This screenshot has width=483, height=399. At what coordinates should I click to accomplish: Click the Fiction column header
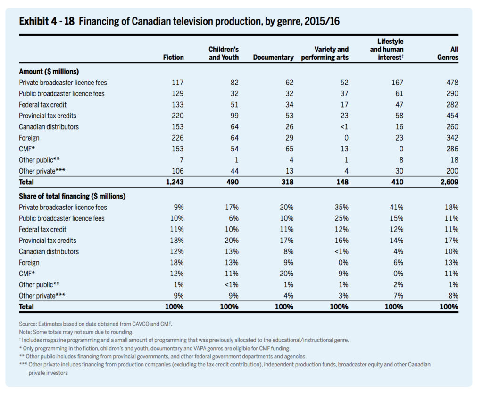click(x=173, y=58)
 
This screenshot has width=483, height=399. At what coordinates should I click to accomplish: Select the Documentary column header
click(x=273, y=58)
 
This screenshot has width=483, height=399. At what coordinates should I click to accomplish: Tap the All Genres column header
click(x=448, y=53)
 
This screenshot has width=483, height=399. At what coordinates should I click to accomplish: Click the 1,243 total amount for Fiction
click(x=175, y=182)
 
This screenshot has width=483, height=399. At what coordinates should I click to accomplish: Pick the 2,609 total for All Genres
click(x=449, y=182)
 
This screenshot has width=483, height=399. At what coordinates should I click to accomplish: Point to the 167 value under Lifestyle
click(x=397, y=83)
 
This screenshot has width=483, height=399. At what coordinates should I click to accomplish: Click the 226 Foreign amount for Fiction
click(x=177, y=138)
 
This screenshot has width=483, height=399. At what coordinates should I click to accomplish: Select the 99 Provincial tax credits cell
click(x=234, y=116)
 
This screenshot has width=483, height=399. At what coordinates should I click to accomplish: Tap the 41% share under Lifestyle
click(x=396, y=208)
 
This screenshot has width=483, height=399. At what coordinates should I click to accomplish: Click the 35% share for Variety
click(x=341, y=208)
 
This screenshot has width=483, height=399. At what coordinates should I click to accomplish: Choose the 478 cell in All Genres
click(x=452, y=83)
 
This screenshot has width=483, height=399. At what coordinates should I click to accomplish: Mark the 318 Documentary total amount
click(x=287, y=182)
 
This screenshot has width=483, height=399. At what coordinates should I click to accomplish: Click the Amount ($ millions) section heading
click(x=49, y=72)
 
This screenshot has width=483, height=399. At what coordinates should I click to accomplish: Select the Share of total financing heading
click(x=72, y=196)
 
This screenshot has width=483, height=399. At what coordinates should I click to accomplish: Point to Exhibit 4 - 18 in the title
click(x=47, y=21)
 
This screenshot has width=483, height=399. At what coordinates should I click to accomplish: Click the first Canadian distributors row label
click(x=49, y=126)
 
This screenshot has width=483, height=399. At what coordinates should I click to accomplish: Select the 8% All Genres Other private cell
click(x=453, y=296)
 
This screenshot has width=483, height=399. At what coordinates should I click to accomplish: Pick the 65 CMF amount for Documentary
click(x=289, y=149)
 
